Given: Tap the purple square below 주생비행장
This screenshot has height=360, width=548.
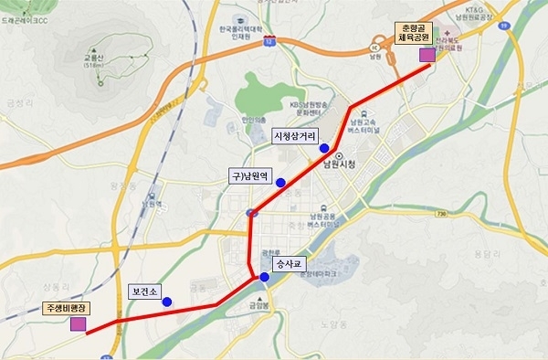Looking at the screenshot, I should pos(79,323).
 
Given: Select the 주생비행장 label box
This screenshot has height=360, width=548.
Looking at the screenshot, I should pos(66,308).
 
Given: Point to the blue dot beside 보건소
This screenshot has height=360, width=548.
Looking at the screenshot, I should pos(167,301).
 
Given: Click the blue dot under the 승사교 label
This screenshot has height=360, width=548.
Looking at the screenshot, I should pos(265,277).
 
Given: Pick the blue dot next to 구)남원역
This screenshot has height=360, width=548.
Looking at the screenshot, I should pos(281,181).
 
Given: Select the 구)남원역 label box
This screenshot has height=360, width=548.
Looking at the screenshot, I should pos(250,175).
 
